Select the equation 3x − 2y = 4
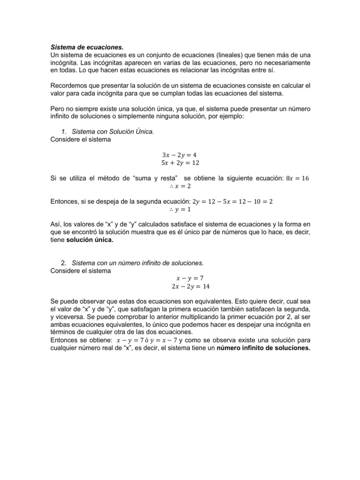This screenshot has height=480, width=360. coord(180,154)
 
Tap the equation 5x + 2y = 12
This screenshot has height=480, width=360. coord(180,163)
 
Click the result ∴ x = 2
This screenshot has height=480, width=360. coord(180,186)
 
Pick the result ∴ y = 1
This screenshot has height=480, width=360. coord(180,210)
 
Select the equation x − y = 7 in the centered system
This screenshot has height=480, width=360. coord(180,277)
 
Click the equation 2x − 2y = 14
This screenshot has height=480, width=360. coord(180,285)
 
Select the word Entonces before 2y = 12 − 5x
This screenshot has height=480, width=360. coord(64,202)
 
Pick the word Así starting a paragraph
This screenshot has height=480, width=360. coord(55,225)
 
